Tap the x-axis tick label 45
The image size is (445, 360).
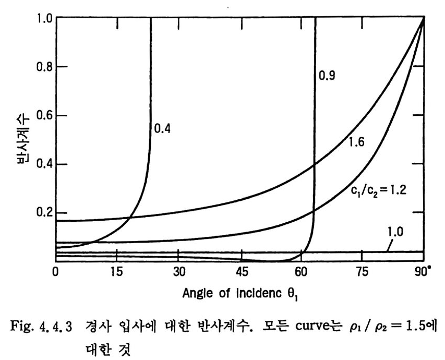pyautogui.click(x=239, y=272)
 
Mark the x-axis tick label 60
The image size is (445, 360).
pyautogui.click(x=301, y=272)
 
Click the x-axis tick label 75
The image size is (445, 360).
pyautogui.click(x=362, y=272)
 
